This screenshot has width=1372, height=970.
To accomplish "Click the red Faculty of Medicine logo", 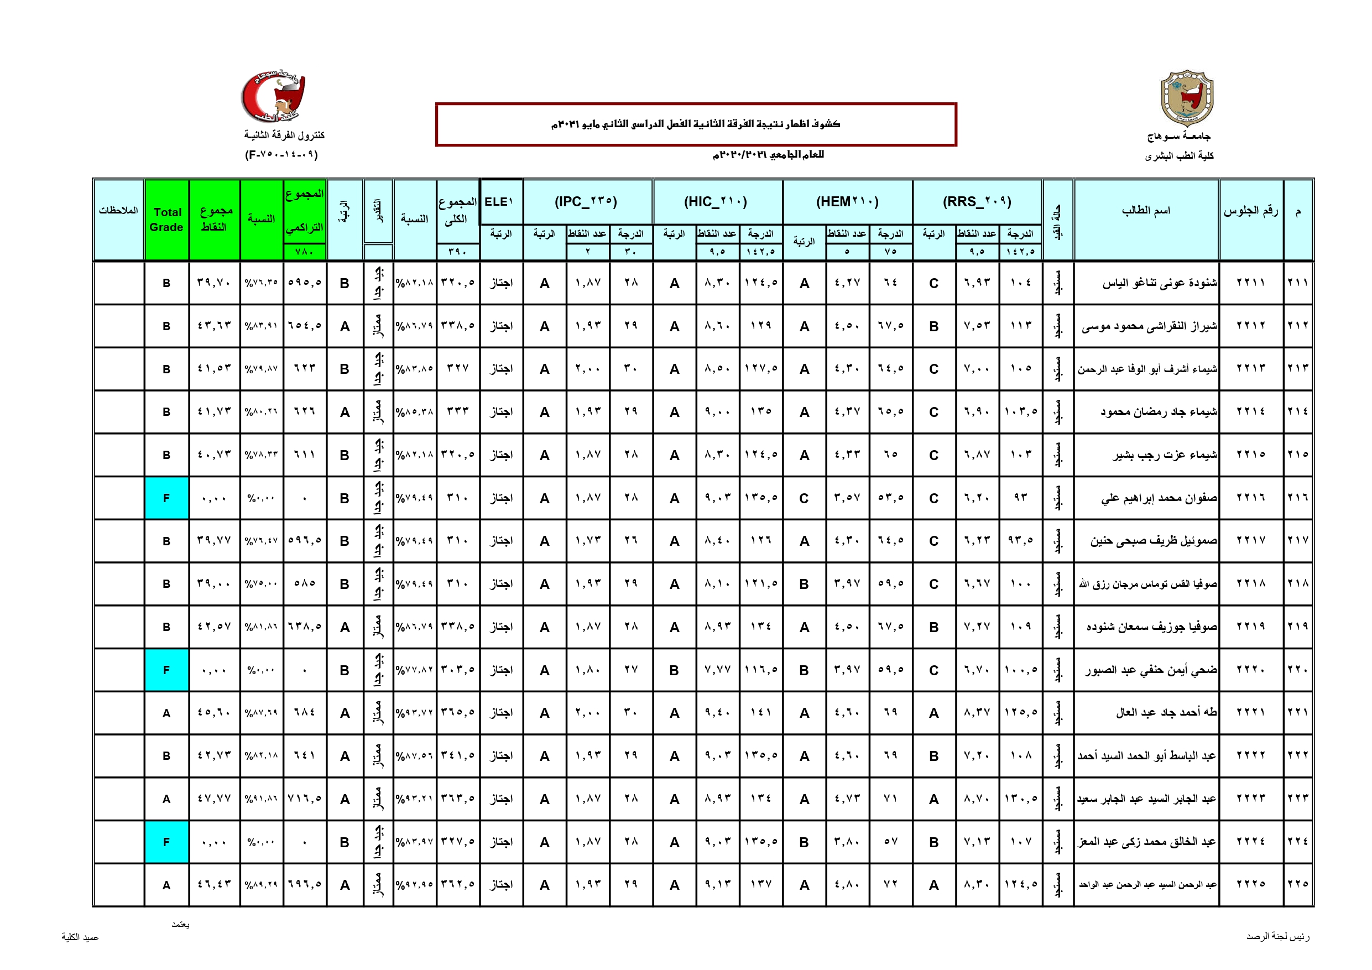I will pyautogui.click(x=273, y=97).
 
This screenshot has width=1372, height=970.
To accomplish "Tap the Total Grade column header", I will pyautogui.click(x=166, y=220).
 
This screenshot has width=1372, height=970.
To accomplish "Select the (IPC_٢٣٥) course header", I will pyautogui.click(x=586, y=201).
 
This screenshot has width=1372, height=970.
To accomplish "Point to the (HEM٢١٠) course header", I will pyautogui.click(x=847, y=201).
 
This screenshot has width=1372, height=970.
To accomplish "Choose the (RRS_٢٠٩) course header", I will pyautogui.click(x=977, y=201).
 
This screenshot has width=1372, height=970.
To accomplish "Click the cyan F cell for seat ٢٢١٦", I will pyautogui.click(x=166, y=498).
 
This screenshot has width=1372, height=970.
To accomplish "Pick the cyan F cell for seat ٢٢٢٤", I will pyautogui.click(x=166, y=842).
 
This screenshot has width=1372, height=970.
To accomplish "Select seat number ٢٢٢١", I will pyautogui.click(x=1251, y=712).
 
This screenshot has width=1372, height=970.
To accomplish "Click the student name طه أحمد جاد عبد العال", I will pyautogui.click(x=1166, y=712).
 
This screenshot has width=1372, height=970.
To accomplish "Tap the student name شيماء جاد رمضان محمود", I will pyautogui.click(x=1158, y=412).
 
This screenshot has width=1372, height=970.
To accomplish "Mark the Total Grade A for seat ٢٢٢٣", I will pyautogui.click(x=166, y=799).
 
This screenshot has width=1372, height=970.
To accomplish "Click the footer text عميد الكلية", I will pyautogui.click(x=80, y=937).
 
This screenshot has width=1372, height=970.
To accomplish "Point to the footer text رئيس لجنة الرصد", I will pyautogui.click(x=1277, y=936).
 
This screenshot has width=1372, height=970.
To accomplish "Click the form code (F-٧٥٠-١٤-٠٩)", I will pyautogui.click(x=281, y=155).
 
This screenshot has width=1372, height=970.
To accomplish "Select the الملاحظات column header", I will pyautogui.click(x=118, y=210).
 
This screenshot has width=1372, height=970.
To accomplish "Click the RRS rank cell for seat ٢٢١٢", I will pyautogui.click(x=933, y=326).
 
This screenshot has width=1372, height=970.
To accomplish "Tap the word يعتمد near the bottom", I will pyautogui.click(x=180, y=925).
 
